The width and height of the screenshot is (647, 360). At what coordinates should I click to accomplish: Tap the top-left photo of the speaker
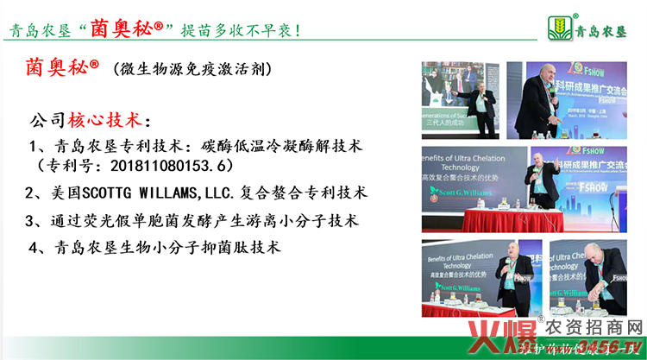click(458, 98)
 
